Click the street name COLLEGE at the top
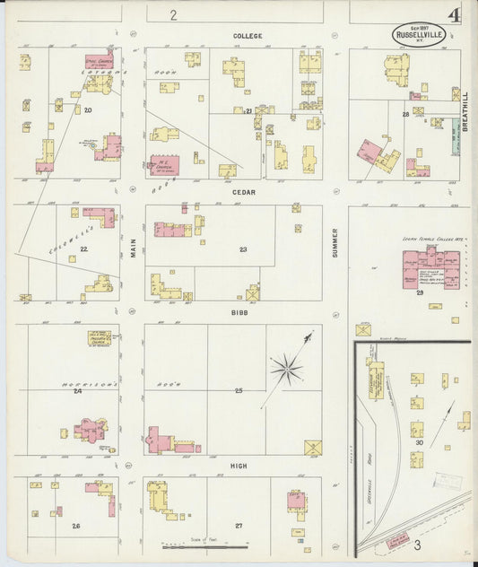click(248, 36)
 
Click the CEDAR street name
click(244, 192)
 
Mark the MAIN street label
click(133, 247)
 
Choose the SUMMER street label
click(335, 242)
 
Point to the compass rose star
click(287, 365)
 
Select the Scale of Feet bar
click(204, 544)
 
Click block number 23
click(242, 249)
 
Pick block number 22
click(83, 249)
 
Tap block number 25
click(239, 390)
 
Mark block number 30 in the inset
click(418, 442)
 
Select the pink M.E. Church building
click(164, 165)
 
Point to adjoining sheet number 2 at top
click(173, 14)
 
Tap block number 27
click(239, 526)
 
